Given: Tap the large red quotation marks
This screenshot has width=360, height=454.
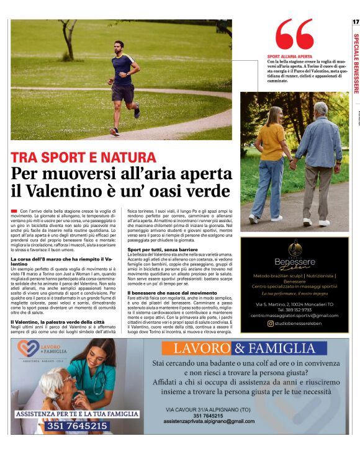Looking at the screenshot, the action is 294,35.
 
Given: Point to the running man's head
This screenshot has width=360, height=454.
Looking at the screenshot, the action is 119,47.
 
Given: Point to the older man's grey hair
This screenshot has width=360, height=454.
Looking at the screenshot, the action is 320,109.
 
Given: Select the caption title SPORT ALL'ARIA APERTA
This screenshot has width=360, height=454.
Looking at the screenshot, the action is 289,56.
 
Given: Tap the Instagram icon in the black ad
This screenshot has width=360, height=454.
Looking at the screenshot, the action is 270,323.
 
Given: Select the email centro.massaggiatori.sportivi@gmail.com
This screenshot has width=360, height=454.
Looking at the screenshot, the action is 294,316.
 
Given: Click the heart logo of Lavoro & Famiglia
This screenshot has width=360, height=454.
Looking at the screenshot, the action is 27,348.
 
